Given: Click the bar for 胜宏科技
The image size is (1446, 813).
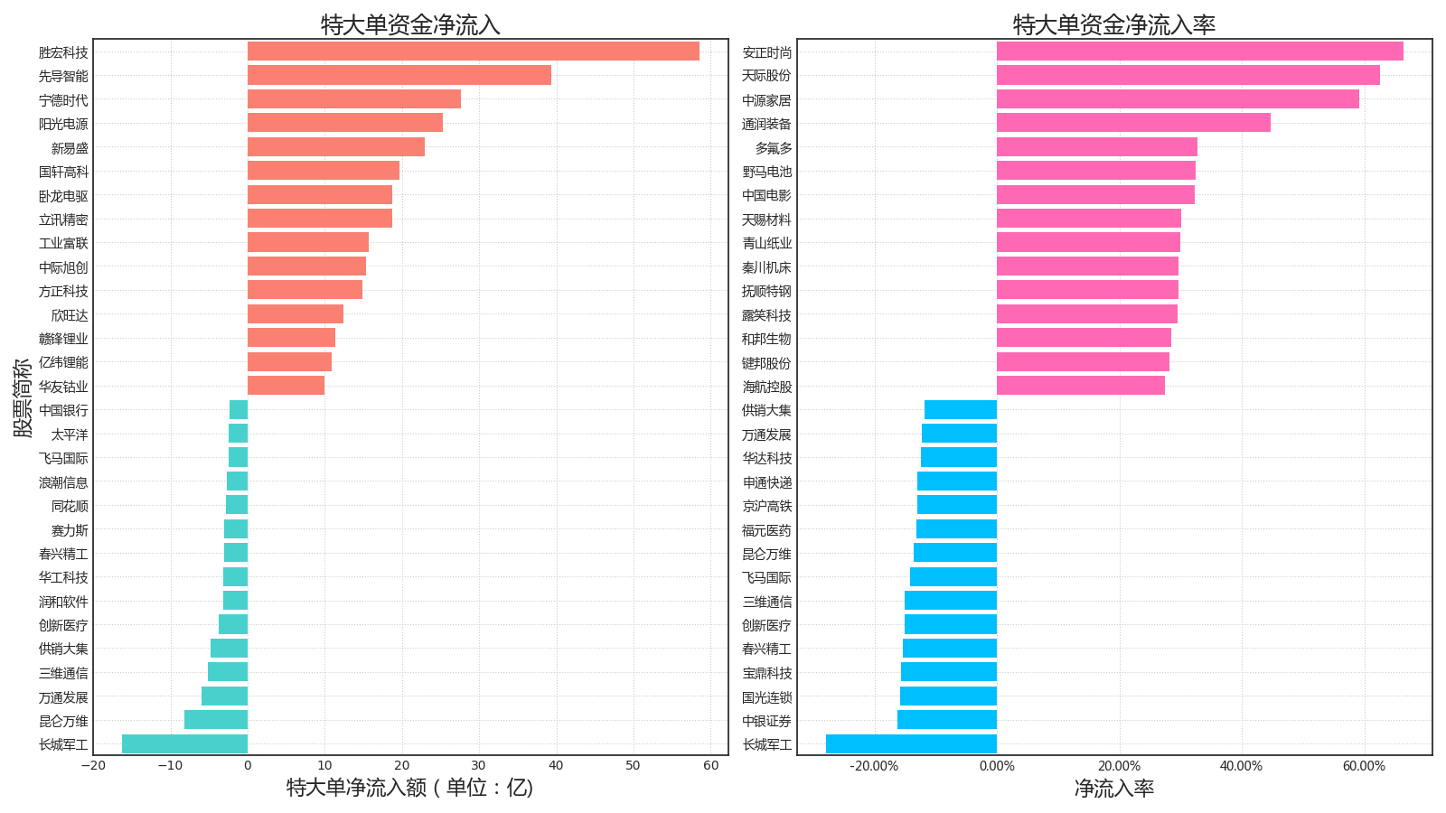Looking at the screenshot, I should [473, 51].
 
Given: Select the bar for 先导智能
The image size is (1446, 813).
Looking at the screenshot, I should [399, 75].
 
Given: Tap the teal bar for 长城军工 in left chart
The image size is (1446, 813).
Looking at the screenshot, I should [184, 744].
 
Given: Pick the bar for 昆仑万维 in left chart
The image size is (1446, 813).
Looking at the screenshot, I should [216, 720].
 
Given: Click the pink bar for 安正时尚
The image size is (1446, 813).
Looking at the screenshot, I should [1199, 51].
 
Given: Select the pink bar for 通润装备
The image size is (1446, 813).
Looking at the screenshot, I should [1133, 123].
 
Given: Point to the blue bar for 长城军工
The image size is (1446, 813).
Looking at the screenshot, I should [911, 744].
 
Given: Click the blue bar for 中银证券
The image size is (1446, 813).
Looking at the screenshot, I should [947, 720].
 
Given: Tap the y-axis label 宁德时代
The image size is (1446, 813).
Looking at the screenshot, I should [63, 100].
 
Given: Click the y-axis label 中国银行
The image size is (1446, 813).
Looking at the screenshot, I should [63, 410].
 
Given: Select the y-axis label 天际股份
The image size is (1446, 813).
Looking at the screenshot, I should [766, 76].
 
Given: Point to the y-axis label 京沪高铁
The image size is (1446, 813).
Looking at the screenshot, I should [766, 506].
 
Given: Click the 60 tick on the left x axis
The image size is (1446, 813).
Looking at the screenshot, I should [710, 766].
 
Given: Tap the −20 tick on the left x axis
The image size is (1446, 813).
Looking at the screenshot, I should [92, 766].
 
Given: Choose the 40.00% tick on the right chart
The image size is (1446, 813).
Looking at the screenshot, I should [1241, 766].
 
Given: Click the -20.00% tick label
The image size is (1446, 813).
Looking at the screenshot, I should [874, 766].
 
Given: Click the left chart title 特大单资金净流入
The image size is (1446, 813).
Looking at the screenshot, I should [410, 24].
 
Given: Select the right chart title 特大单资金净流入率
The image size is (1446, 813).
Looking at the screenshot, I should [1113, 24].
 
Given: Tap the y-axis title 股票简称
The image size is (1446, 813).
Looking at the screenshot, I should [23, 397].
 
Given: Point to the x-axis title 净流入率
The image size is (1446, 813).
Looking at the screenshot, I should [1113, 789].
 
